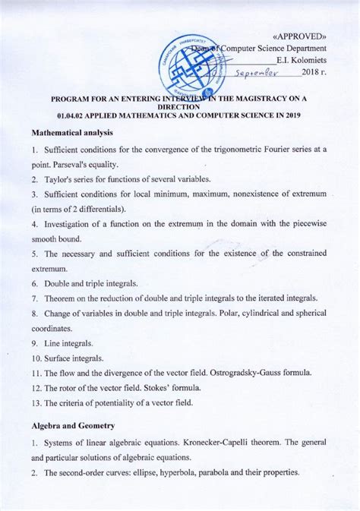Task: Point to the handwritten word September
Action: coord(257,74)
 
